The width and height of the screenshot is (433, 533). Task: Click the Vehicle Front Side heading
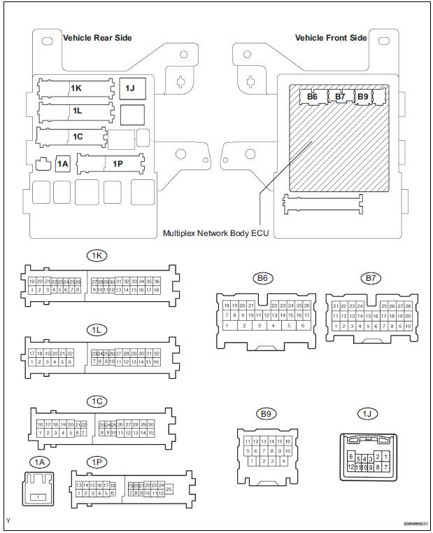330,37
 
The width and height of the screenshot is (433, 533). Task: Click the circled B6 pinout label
262,278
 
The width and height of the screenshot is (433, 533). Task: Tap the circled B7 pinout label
371,278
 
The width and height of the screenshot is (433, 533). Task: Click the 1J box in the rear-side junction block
130,88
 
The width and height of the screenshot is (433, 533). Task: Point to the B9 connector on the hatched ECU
362,96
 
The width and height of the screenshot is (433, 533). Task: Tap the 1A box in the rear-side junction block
63,164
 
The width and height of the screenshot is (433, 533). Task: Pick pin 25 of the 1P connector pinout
169,488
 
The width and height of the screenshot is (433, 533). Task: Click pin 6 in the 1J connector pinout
350,456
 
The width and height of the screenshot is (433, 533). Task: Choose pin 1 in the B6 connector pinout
227,325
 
